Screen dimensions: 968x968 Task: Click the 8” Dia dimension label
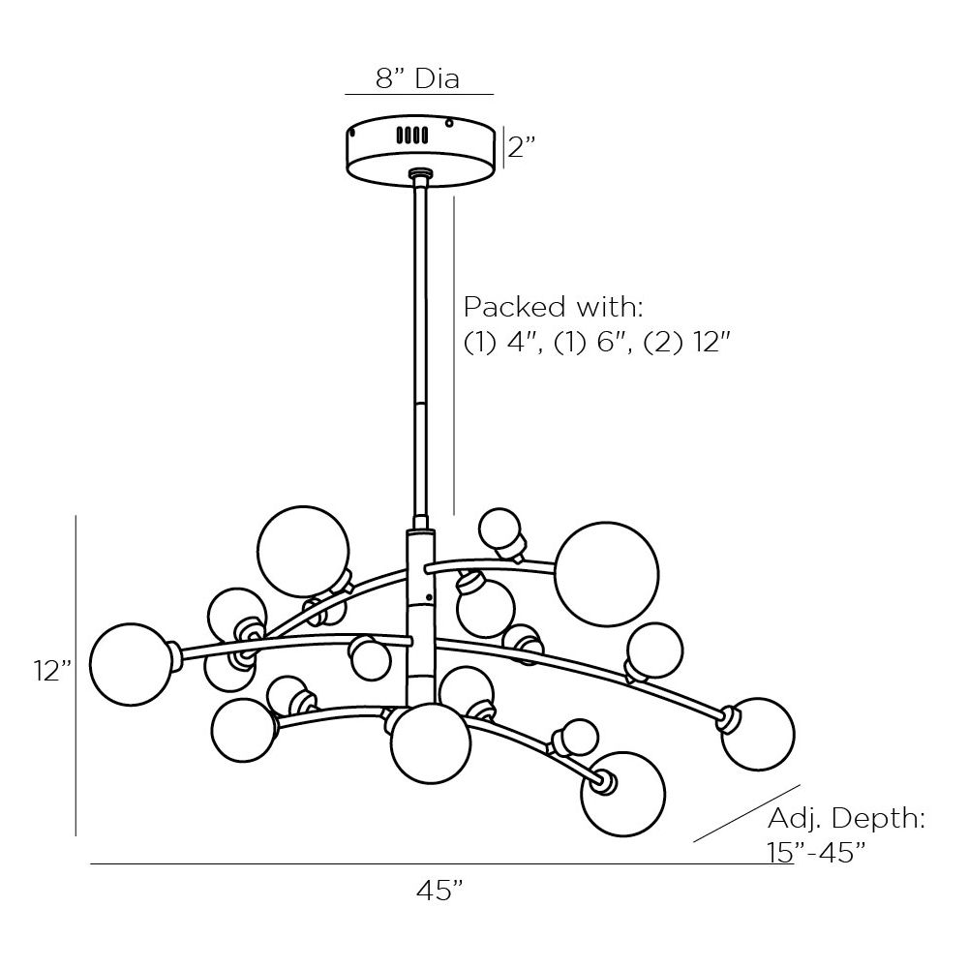click(x=418, y=79)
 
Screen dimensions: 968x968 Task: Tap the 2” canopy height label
click(x=522, y=147)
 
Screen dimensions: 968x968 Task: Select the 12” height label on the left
click(x=53, y=671)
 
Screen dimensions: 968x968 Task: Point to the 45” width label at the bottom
click(x=439, y=891)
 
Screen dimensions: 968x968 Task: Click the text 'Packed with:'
click(x=554, y=306)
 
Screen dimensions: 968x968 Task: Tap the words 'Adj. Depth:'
click(x=846, y=819)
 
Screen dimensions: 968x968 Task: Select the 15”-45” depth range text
click(x=816, y=853)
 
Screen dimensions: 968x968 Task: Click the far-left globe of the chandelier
click(x=132, y=664)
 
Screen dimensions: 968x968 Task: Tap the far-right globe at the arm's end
click(x=758, y=734)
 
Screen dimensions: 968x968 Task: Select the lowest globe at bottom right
click(x=622, y=794)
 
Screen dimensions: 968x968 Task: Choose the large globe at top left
click(x=303, y=552)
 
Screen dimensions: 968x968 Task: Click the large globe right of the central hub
click(x=607, y=574)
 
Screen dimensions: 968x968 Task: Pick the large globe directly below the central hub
click(x=431, y=743)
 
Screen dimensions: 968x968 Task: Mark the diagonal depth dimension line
click(x=747, y=813)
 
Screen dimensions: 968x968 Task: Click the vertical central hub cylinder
click(x=420, y=618)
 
